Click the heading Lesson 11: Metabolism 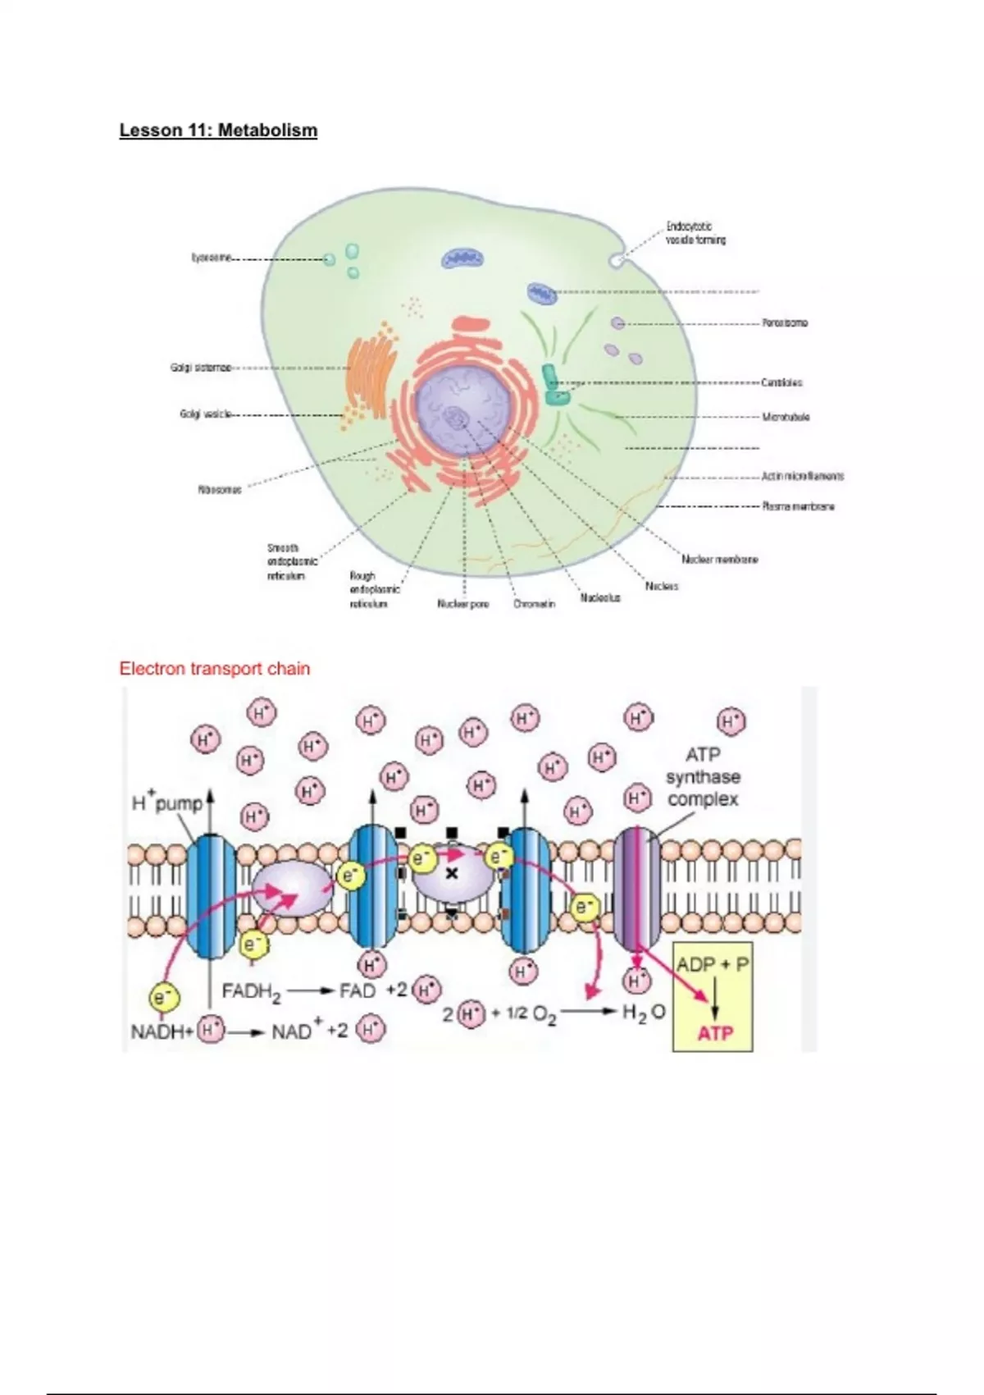pos(218,130)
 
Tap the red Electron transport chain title pos(215,669)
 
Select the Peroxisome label pos(785,323)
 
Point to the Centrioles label pos(781,382)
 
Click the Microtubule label pos(786,417)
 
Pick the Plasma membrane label pos(798,506)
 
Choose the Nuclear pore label pos(462,604)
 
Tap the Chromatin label pos(534,604)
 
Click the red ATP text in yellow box pos(715,1033)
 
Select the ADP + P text pos(713,964)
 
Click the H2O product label pos(643,1013)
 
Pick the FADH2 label pos(251,992)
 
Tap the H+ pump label pos(167,803)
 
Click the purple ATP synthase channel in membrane pos(636,890)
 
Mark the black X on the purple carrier pos(451,874)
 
